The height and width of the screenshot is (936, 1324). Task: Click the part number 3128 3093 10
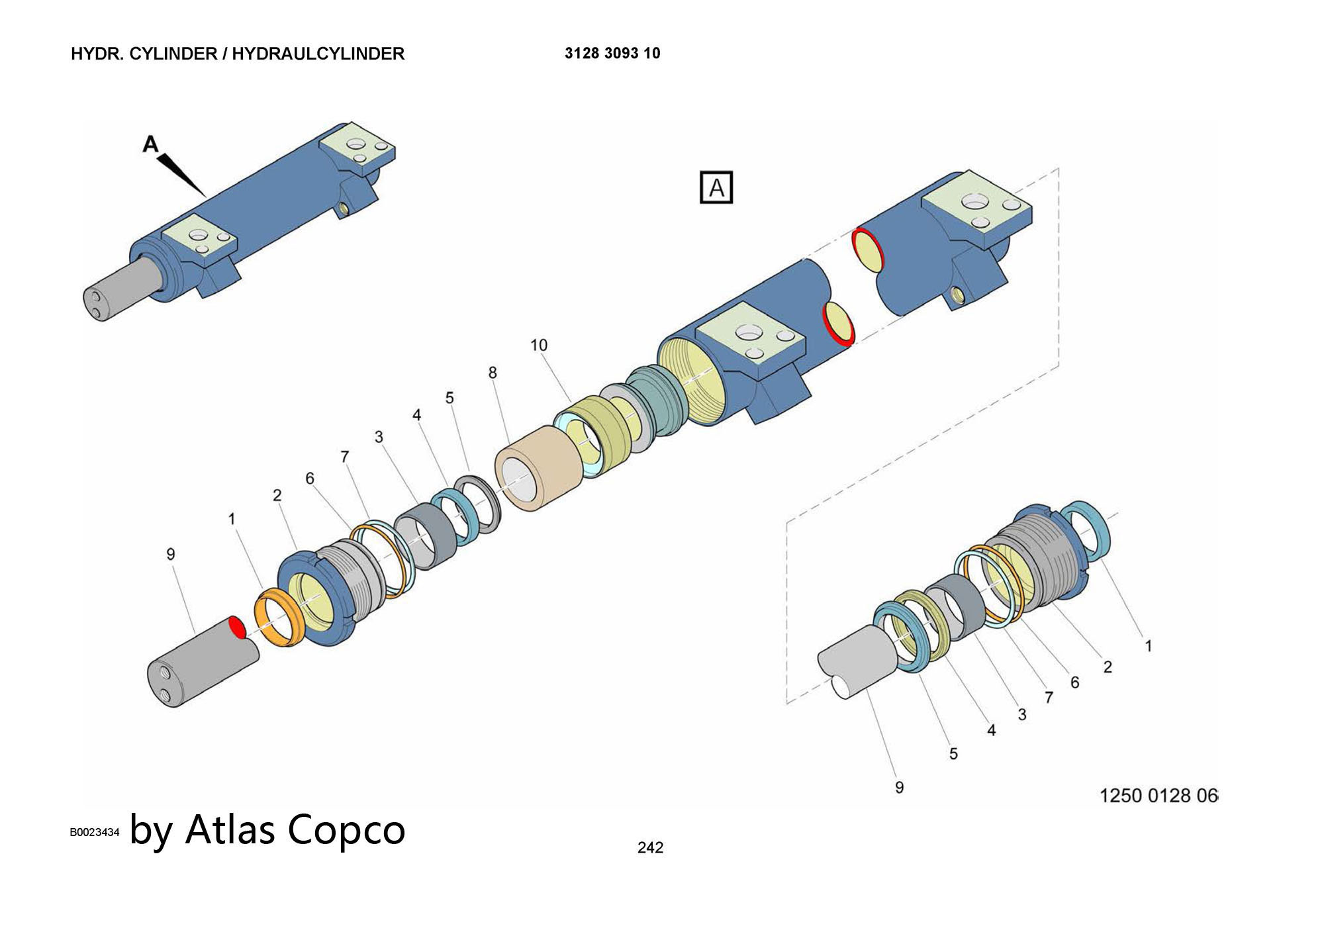coord(612,54)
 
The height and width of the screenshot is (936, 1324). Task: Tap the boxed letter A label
coord(716,188)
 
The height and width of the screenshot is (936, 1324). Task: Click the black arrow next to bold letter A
coord(182,173)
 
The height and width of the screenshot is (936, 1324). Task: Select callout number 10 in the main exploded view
coord(539,345)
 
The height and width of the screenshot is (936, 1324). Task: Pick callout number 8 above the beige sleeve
coord(493,373)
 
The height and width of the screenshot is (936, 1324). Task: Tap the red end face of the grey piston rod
coord(237,627)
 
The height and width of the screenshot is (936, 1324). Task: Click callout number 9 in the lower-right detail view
coord(899,787)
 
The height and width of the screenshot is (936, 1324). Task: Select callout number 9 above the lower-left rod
coord(171,554)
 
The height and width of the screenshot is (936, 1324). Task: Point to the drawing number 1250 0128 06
coord(1158,795)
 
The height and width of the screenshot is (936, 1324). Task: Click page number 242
coord(650,847)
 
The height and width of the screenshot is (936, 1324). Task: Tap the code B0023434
coord(95,832)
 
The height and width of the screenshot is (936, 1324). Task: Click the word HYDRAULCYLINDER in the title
coord(318,54)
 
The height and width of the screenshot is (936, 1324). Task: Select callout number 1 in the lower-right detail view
coord(1148,645)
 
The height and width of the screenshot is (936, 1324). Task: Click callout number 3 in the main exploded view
coord(379,437)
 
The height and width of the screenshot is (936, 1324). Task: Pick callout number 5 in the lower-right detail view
coord(953,753)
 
